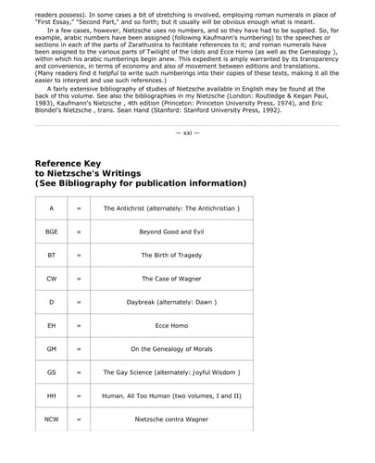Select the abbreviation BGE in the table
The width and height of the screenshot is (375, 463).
pyautogui.click(x=52, y=231)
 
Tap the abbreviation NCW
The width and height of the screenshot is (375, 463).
pyautogui.click(x=52, y=419)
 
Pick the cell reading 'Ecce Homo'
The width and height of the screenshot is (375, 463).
pyautogui.click(x=171, y=326)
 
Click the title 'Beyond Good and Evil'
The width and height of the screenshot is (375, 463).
pyautogui.click(x=171, y=231)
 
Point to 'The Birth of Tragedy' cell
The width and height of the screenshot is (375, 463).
pyautogui.click(x=171, y=255)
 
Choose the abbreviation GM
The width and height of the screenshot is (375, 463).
pyautogui.click(x=52, y=349)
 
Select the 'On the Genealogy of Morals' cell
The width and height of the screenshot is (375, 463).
pyautogui.click(x=171, y=349)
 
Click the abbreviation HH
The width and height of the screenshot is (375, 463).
pyautogui.click(x=52, y=396)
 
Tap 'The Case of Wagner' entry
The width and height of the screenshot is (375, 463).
pyautogui.click(x=171, y=279)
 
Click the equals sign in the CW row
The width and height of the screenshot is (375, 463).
pyautogui.click(x=79, y=279)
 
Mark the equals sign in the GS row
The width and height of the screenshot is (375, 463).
pyautogui.click(x=79, y=373)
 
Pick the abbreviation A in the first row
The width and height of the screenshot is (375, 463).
pyautogui.click(x=52, y=208)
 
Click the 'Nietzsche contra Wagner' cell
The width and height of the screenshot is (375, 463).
pyautogui.click(x=171, y=419)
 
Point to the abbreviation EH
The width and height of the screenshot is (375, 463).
pyautogui.click(x=52, y=326)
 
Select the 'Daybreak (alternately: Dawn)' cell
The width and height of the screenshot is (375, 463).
pyautogui.click(x=171, y=302)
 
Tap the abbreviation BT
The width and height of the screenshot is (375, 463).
pyautogui.click(x=52, y=255)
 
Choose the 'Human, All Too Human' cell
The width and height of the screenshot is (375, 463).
pyautogui.click(x=171, y=396)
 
